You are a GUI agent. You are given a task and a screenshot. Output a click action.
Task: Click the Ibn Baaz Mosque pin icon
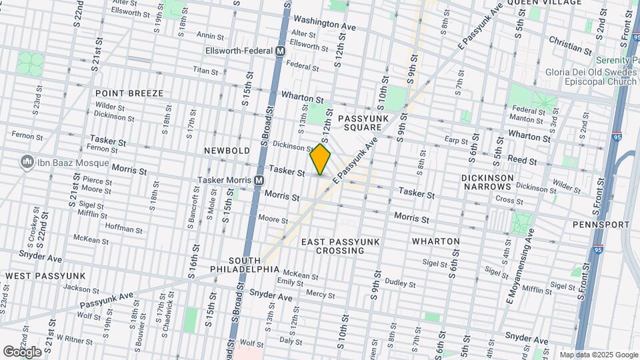27,161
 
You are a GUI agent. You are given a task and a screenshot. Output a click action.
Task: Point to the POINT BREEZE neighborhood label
129,93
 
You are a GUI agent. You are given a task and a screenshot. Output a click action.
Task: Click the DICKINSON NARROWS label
487,183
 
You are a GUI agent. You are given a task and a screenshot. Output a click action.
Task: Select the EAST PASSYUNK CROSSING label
332,245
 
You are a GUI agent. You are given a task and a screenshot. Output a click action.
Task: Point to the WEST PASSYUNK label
45,275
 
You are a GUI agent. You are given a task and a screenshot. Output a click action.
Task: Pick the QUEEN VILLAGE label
544,3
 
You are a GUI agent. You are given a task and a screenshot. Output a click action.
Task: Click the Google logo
23,351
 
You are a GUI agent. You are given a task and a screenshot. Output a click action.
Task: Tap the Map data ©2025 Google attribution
599,355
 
